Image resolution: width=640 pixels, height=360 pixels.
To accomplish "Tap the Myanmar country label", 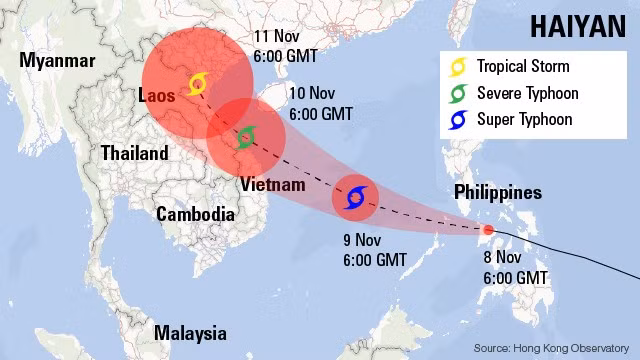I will [57, 61].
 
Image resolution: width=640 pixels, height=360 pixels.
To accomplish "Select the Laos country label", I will [156, 96].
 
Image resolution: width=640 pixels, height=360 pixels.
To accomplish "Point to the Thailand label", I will [134, 154].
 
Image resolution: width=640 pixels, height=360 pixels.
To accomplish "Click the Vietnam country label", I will [272, 185].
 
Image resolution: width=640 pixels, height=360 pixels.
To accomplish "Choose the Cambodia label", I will [195, 214].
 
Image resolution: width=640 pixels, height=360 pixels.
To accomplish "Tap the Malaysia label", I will [189, 333].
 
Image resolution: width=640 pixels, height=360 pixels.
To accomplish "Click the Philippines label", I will [497, 192].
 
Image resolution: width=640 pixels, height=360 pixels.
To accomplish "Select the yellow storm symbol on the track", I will [197, 83].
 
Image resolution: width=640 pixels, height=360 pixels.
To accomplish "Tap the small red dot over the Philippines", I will [487, 230].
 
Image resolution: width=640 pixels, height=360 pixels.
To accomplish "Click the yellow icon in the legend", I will [459, 68].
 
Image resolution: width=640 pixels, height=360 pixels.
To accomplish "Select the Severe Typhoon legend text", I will [527, 94].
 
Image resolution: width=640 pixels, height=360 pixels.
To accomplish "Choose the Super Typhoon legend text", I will [525, 120].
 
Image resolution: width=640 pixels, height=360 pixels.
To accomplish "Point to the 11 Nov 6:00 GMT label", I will [288, 46].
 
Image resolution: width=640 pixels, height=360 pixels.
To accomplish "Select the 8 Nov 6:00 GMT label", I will [515, 267].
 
